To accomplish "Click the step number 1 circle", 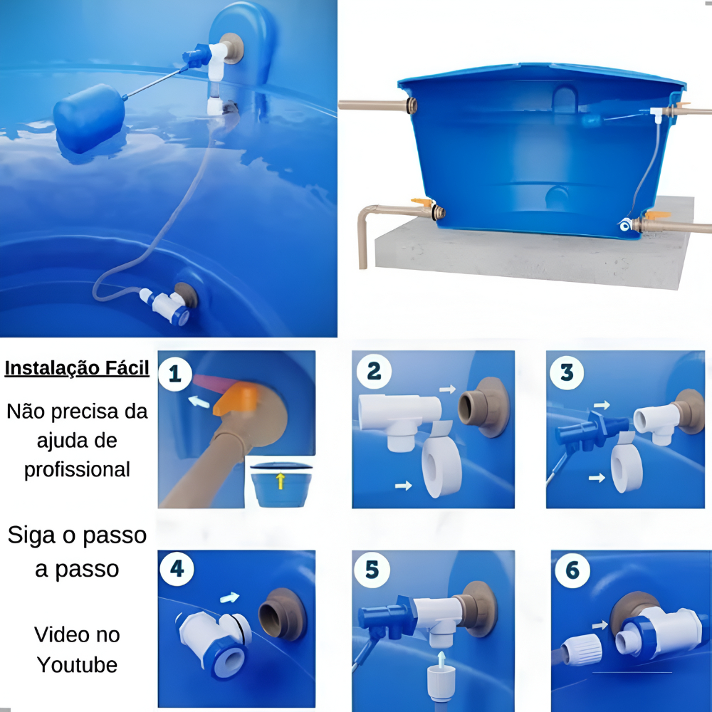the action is click(x=175, y=375).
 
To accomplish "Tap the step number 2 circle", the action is click(x=374, y=372).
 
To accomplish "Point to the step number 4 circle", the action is click(x=177, y=568).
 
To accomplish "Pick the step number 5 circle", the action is click(x=372, y=570).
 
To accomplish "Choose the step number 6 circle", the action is click(x=572, y=570).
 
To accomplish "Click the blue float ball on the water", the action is click(x=89, y=118).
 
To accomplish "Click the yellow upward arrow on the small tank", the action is click(x=281, y=481).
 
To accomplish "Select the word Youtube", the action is click(x=77, y=665).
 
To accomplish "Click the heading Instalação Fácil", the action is click(x=77, y=368).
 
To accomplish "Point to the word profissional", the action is click(x=77, y=469).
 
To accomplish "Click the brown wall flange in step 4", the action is click(x=283, y=614).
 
